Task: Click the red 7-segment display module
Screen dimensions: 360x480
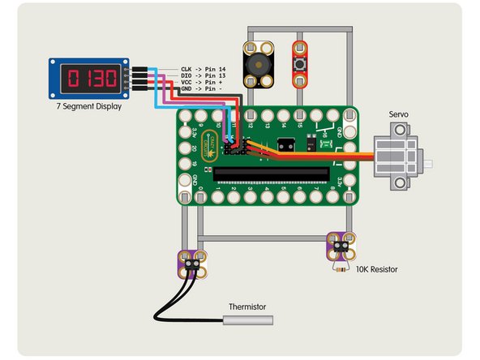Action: [x=89, y=79]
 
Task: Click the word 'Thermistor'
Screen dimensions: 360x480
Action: [x=247, y=306]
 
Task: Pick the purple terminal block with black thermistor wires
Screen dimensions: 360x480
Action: [x=193, y=263]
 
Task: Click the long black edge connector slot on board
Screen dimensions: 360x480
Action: [x=272, y=174]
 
